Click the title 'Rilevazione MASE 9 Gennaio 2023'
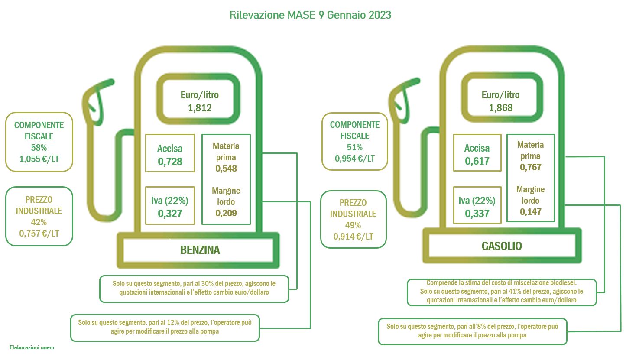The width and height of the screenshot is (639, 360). pos(310,15)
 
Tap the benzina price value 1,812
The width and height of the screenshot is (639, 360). pos(200,108)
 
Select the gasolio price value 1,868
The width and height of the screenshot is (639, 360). pos(501,108)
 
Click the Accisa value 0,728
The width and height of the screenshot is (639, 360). pos(170,162)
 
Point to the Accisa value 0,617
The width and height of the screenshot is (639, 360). pos(477,161)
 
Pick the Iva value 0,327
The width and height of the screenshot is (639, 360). pos(170,214)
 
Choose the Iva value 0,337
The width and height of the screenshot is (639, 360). pos(477,214)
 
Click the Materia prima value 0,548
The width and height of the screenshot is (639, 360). pos(226,169)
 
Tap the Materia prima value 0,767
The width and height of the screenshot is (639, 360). pos(530,167)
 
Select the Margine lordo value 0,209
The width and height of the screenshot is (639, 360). pos(226,213)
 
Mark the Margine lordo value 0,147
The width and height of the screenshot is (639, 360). pos(530,212)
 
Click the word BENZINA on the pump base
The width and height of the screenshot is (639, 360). pos(200,250)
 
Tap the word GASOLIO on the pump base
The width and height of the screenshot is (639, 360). pos(502,246)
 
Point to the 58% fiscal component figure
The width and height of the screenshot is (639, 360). pos(39,147)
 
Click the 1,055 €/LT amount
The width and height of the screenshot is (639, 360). pos(39,159)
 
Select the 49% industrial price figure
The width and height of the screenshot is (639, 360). pos(353,225)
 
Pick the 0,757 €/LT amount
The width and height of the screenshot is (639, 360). pos(39,234)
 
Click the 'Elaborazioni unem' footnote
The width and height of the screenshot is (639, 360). pos(32,347)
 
